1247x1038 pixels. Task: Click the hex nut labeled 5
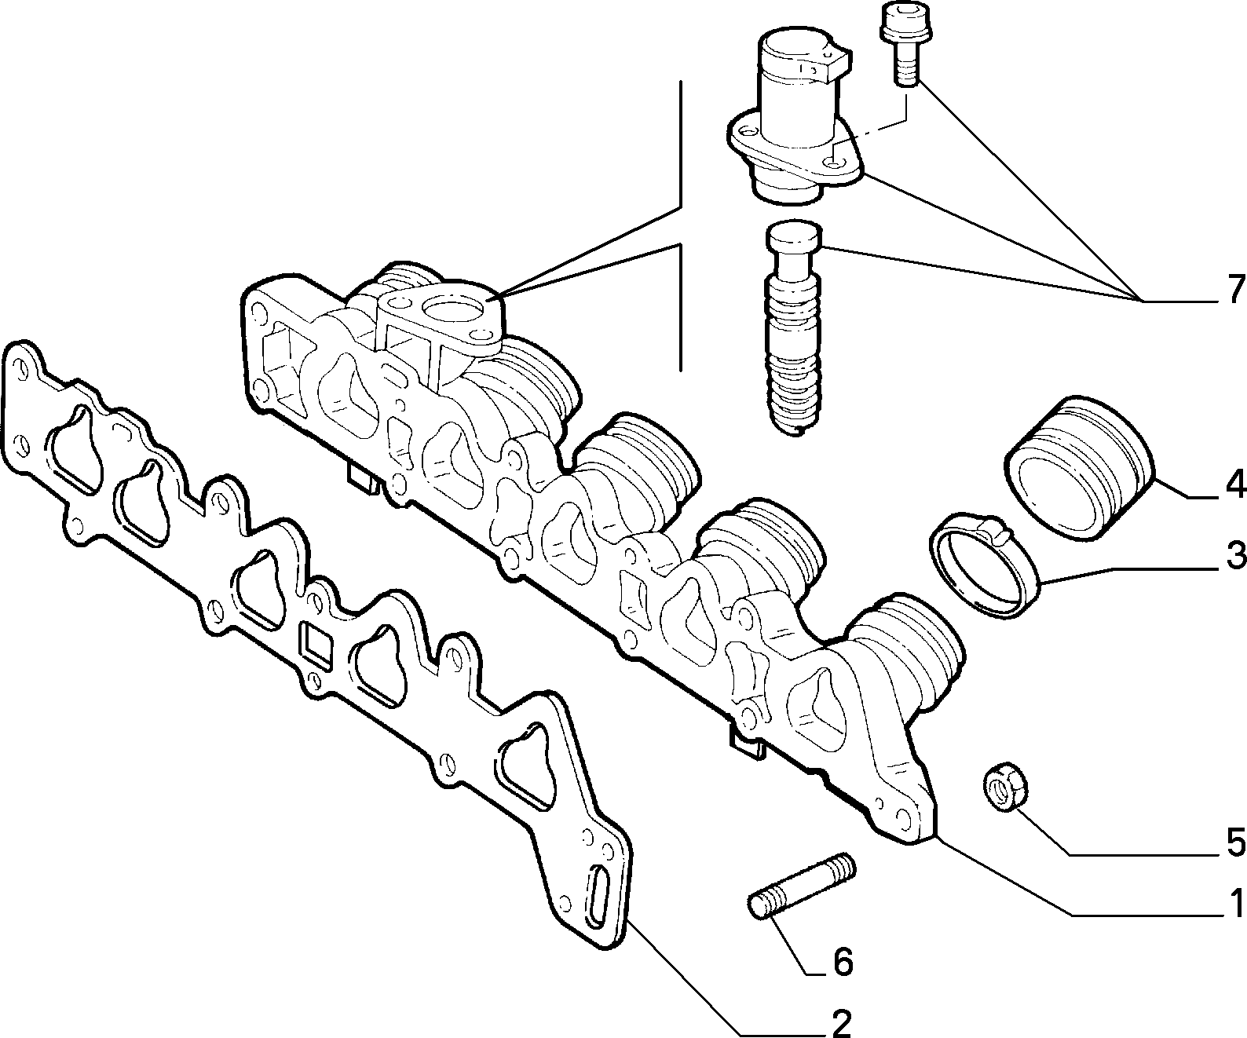1005,787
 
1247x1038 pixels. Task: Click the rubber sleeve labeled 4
1080,466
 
